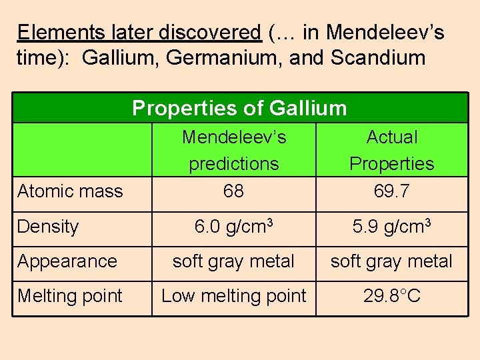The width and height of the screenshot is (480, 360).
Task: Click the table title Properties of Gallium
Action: coord(239,108)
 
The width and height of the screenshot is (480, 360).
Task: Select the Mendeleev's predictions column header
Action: coord(234,150)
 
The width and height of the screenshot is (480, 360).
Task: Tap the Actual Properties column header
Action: coord(392,150)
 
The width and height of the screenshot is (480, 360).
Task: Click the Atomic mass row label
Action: coord(70,191)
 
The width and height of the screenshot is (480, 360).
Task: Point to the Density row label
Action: coord(48,227)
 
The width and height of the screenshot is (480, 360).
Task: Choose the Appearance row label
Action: coord(67,261)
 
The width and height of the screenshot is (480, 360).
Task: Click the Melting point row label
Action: coord(70,296)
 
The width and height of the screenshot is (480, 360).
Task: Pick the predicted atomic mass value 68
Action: coord(233,191)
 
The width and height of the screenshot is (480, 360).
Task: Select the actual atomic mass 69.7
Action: coord(392,191)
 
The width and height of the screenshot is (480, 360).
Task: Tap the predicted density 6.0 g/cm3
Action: coord(233,227)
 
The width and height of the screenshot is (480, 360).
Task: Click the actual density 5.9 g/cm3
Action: coord(392,227)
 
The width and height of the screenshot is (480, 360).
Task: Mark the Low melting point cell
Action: coord(234,296)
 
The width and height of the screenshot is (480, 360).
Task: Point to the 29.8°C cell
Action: coord(392,296)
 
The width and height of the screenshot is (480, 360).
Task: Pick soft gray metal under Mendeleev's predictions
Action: coord(233,261)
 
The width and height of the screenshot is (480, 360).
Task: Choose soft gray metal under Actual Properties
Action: coord(392,261)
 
